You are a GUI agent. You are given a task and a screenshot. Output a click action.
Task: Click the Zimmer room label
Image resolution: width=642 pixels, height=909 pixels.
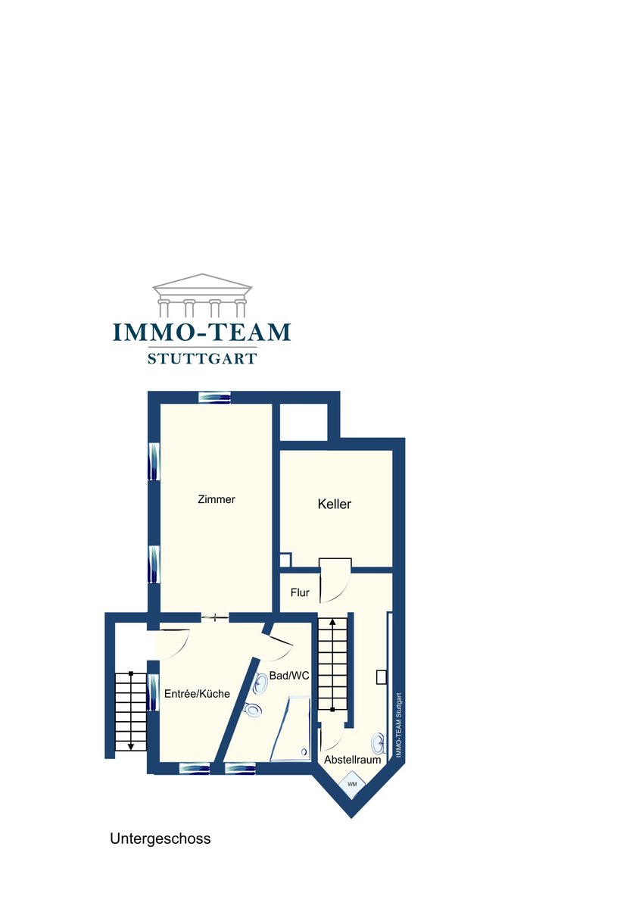pyautogui.click(x=217, y=499)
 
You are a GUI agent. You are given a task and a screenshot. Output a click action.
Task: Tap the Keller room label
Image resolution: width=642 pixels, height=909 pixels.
pyautogui.click(x=334, y=504)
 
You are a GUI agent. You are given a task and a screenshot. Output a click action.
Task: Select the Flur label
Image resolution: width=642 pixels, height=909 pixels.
pyautogui.click(x=300, y=592)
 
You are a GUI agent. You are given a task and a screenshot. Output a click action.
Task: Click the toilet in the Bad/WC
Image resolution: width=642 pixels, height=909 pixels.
pyautogui.click(x=253, y=708)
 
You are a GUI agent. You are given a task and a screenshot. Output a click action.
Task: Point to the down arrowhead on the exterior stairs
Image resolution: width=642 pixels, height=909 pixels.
pyautogui.click(x=130, y=746)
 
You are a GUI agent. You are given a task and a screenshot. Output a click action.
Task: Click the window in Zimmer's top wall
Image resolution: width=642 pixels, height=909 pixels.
pyautogui.click(x=214, y=397)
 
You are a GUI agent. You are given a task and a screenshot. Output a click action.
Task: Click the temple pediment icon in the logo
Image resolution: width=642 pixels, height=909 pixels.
pyautogui.click(x=202, y=295)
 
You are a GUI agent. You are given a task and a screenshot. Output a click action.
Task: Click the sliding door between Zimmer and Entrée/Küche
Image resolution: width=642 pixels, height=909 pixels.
pyautogui.click(x=215, y=617)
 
